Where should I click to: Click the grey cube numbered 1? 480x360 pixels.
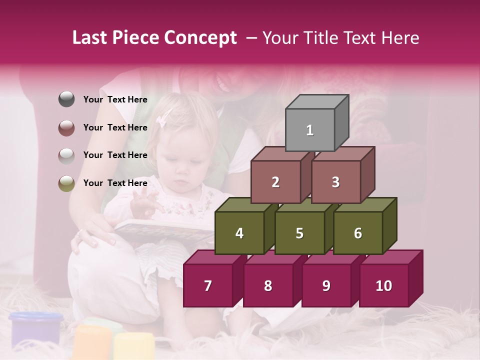(x=310, y=130)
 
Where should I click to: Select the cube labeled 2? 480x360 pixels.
(x=275, y=182)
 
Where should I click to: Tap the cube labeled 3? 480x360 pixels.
(x=335, y=182)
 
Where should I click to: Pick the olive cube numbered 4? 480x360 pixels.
(x=239, y=233)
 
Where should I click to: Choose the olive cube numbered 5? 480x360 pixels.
(x=299, y=233)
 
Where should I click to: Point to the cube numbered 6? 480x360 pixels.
(x=358, y=233)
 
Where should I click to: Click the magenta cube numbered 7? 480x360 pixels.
(x=208, y=286)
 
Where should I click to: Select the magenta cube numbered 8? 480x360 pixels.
(x=268, y=286)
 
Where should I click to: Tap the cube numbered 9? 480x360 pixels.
(x=326, y=286)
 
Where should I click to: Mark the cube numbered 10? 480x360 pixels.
(x=384, y=286)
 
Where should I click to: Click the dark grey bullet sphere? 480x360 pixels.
(x=66, y=99)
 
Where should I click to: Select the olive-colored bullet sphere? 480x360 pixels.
(x=66, y=183)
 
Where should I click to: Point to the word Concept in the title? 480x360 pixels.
(x=201, y=38)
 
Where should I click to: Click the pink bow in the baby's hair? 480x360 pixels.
(x=163, y=118)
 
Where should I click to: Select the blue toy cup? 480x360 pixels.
(x=36, y=327)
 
